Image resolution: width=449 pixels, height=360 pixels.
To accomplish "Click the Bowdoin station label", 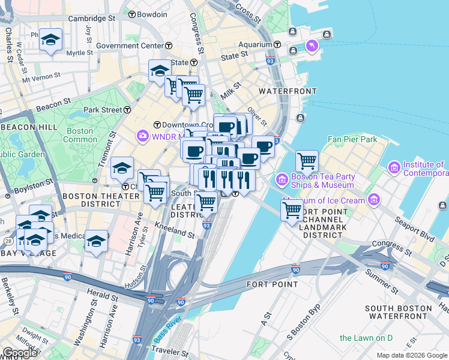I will point(151,14).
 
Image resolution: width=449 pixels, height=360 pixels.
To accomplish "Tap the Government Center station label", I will point(129,46).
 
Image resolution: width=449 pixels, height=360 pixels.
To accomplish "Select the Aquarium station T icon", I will point(277,44).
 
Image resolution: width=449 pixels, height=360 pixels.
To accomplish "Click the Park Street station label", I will point(103,110).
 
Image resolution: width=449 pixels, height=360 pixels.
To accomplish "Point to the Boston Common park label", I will point(79,135).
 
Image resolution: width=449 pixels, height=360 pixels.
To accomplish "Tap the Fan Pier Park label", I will point(352,139).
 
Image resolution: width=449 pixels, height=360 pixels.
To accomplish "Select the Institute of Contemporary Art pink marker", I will point(394,166).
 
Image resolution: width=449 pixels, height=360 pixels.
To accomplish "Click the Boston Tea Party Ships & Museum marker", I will point(282,179).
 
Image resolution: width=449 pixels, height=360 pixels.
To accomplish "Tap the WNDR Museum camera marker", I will point(142,136).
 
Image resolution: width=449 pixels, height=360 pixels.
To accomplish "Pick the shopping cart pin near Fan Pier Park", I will point(307,160).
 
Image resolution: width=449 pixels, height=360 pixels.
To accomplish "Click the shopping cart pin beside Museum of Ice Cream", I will point(292,211).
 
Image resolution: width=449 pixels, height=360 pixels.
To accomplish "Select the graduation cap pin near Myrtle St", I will point(50,40).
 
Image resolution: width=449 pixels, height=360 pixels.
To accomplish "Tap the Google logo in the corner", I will point(19,353).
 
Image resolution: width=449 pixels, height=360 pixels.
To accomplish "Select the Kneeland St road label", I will point(173,228).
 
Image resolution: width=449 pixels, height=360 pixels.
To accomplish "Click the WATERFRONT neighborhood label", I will point(287,91).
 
